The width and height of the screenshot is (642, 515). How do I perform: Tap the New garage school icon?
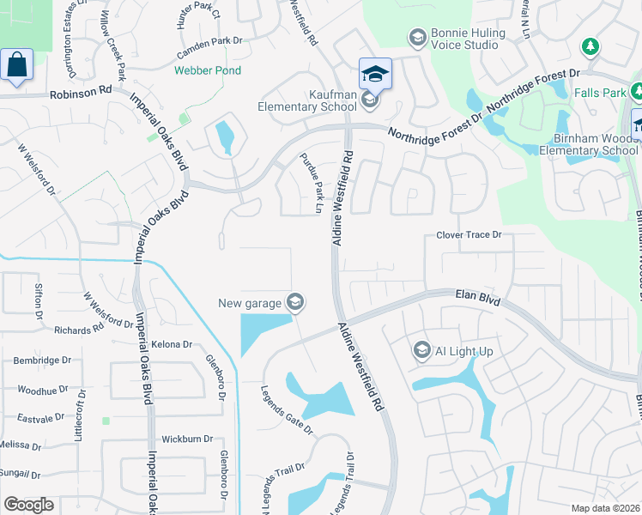tap(295, 301)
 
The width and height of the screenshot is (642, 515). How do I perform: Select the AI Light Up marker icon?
tap(421, 350)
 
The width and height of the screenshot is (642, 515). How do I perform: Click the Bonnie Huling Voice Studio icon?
tap(417, 37)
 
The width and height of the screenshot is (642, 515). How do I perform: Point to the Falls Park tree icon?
tap(589, 45)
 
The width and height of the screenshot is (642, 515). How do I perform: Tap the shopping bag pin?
tap(16, 64)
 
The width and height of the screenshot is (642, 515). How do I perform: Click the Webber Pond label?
tap(208, 70)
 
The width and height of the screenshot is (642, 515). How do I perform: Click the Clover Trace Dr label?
tap(468, 234)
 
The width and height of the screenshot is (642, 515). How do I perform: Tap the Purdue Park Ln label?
tap(310, 183)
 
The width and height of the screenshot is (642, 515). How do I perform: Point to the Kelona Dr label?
tap(172, 344)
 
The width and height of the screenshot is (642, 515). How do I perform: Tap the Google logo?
tap(28, 505)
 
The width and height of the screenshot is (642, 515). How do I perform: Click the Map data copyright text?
tap(605, 508)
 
